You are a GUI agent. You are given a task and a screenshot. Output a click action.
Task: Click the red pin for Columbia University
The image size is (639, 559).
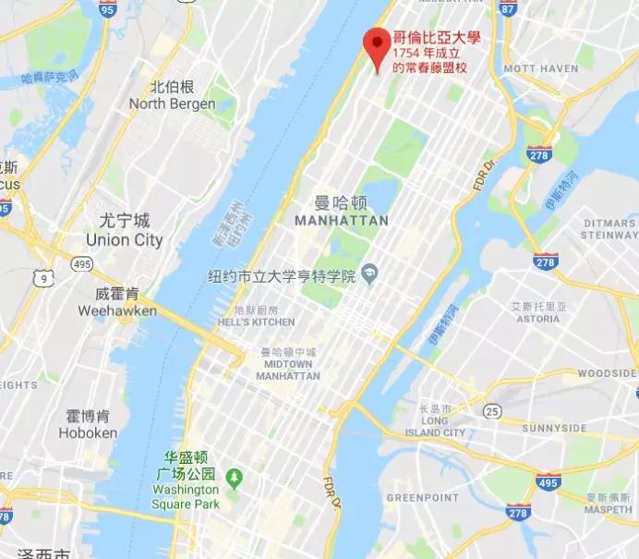coord(375,44)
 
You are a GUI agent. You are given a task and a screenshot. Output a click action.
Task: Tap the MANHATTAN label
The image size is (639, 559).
coord(340,221)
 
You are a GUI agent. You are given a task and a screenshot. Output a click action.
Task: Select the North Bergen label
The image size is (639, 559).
coord(173,104)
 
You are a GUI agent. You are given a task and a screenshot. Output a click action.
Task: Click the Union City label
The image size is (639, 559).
coord(124,240)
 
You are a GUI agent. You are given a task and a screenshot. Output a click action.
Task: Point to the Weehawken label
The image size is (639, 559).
coord(117,311)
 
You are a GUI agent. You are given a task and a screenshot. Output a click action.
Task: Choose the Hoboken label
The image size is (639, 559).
coord(88,432)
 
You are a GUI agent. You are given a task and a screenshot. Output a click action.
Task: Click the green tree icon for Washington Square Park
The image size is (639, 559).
coord(235,477)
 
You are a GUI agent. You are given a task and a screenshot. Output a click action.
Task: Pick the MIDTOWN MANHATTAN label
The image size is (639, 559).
coord(288,370)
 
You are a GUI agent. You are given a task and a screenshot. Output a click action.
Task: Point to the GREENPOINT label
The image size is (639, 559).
coord(416,498)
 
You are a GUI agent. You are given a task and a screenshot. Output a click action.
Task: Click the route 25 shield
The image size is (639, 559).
coord(494,409)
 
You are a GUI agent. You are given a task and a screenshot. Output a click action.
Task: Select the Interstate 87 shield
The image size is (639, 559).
coord(507,7)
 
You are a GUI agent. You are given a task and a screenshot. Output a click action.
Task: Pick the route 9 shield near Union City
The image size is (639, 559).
coord(42,276)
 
